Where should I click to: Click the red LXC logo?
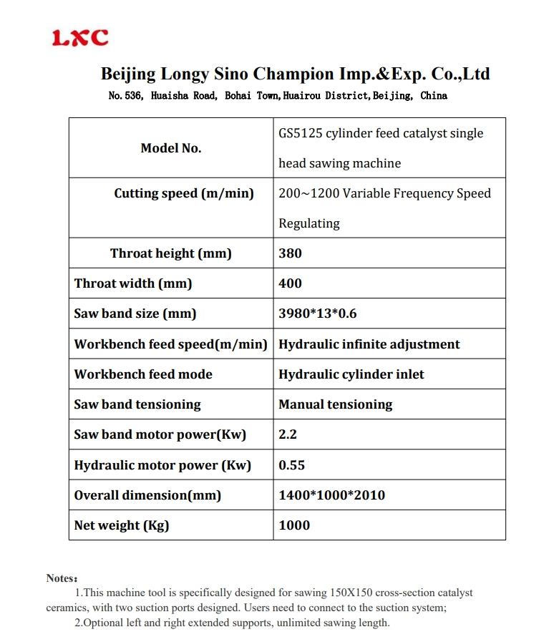click(80, 38)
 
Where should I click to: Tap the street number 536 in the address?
click(133, 96)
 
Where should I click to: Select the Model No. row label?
click(171, 148)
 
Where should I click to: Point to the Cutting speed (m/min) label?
click(184, 193)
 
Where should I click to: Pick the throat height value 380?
click(290, 253)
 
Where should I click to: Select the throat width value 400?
click(290, 283)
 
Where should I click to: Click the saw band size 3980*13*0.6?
click(318, 313)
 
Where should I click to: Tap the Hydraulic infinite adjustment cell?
click(369, 344)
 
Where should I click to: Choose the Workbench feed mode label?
click(143, 374)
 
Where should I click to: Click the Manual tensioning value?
click(335, 404)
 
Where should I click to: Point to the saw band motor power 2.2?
click(288, 434)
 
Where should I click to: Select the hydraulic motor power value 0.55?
click(291, 465)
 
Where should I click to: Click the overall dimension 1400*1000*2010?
click(331, 495)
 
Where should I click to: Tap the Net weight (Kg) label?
click(122, 525)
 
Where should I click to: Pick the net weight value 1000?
click(294, 525)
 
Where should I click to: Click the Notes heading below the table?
click(62, 578)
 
